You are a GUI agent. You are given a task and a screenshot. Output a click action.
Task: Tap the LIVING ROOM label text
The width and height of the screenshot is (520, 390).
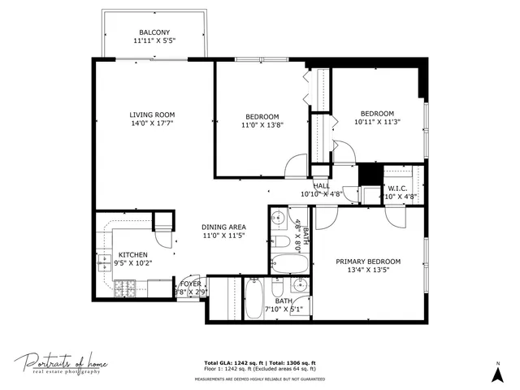click(153, 115)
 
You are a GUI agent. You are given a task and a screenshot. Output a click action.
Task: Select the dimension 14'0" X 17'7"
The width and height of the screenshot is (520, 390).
click(153, 123)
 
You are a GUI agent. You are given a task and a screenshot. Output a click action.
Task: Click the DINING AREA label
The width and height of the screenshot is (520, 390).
click(223, 227)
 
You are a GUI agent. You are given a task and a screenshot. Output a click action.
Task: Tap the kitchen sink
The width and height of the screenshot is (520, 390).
click(105, 262)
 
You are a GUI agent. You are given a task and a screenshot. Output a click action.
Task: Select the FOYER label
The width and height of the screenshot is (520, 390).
click(190, 284)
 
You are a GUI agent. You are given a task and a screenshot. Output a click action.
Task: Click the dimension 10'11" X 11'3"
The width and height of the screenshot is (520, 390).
click(377, 122)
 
